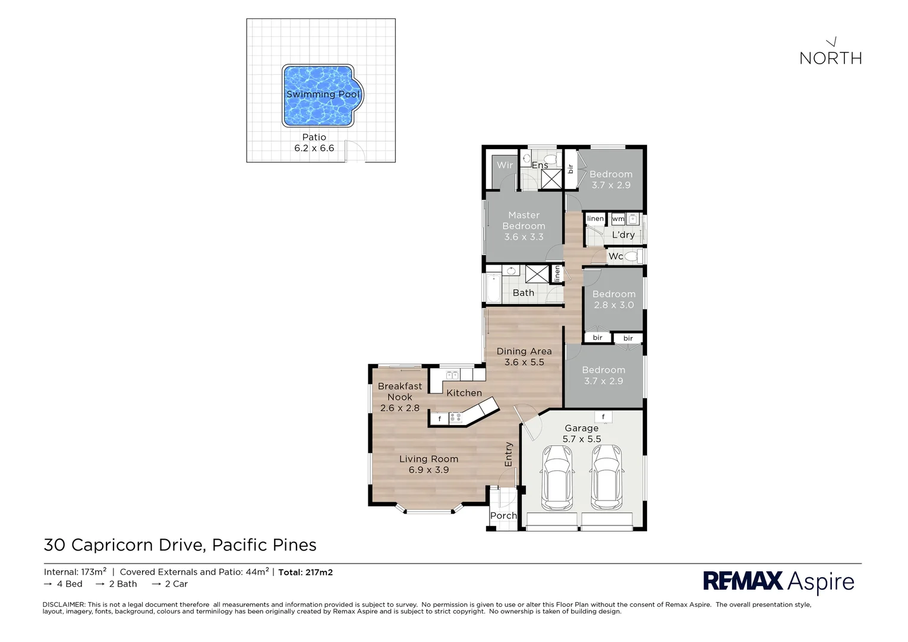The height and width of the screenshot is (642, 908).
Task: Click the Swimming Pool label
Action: click(x=323, y=95)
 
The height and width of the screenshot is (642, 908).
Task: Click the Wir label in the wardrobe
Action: click(x=505, y=165)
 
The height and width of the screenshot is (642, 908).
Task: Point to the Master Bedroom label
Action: click(x=524, y=221)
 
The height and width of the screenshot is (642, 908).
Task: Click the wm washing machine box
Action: click(x=618, y=219)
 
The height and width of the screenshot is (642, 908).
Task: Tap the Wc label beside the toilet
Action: click(x=616, y=256)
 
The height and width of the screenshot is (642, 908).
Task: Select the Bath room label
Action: click(x=523, y=292)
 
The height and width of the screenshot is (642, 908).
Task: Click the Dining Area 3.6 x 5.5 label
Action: click(x=524, y=357)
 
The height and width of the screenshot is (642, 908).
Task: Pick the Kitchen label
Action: click(x=464, y=393)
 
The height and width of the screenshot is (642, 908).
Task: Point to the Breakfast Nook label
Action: click(x=399, y=391)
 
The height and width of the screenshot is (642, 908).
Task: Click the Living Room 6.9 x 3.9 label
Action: click(x=428, y=464)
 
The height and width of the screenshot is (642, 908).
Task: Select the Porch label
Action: click(x=503, y=515)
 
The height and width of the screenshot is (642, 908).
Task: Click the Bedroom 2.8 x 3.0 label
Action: click(x=614, y=299)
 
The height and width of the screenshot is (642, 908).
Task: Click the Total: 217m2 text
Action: click(x=305, y=572)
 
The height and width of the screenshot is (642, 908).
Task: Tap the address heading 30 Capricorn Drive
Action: click(x=180, y=545)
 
